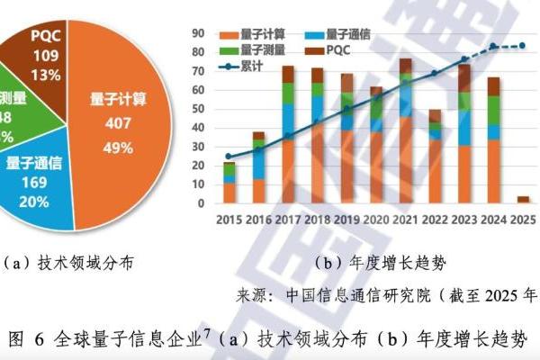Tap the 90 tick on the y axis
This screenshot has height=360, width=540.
tap(200, 33)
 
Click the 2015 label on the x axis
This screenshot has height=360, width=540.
tap(229, 220)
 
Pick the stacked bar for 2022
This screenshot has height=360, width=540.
tap(435, 157)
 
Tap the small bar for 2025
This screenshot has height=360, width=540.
tap(522, 199)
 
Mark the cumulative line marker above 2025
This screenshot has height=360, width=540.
tap(522, 45)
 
